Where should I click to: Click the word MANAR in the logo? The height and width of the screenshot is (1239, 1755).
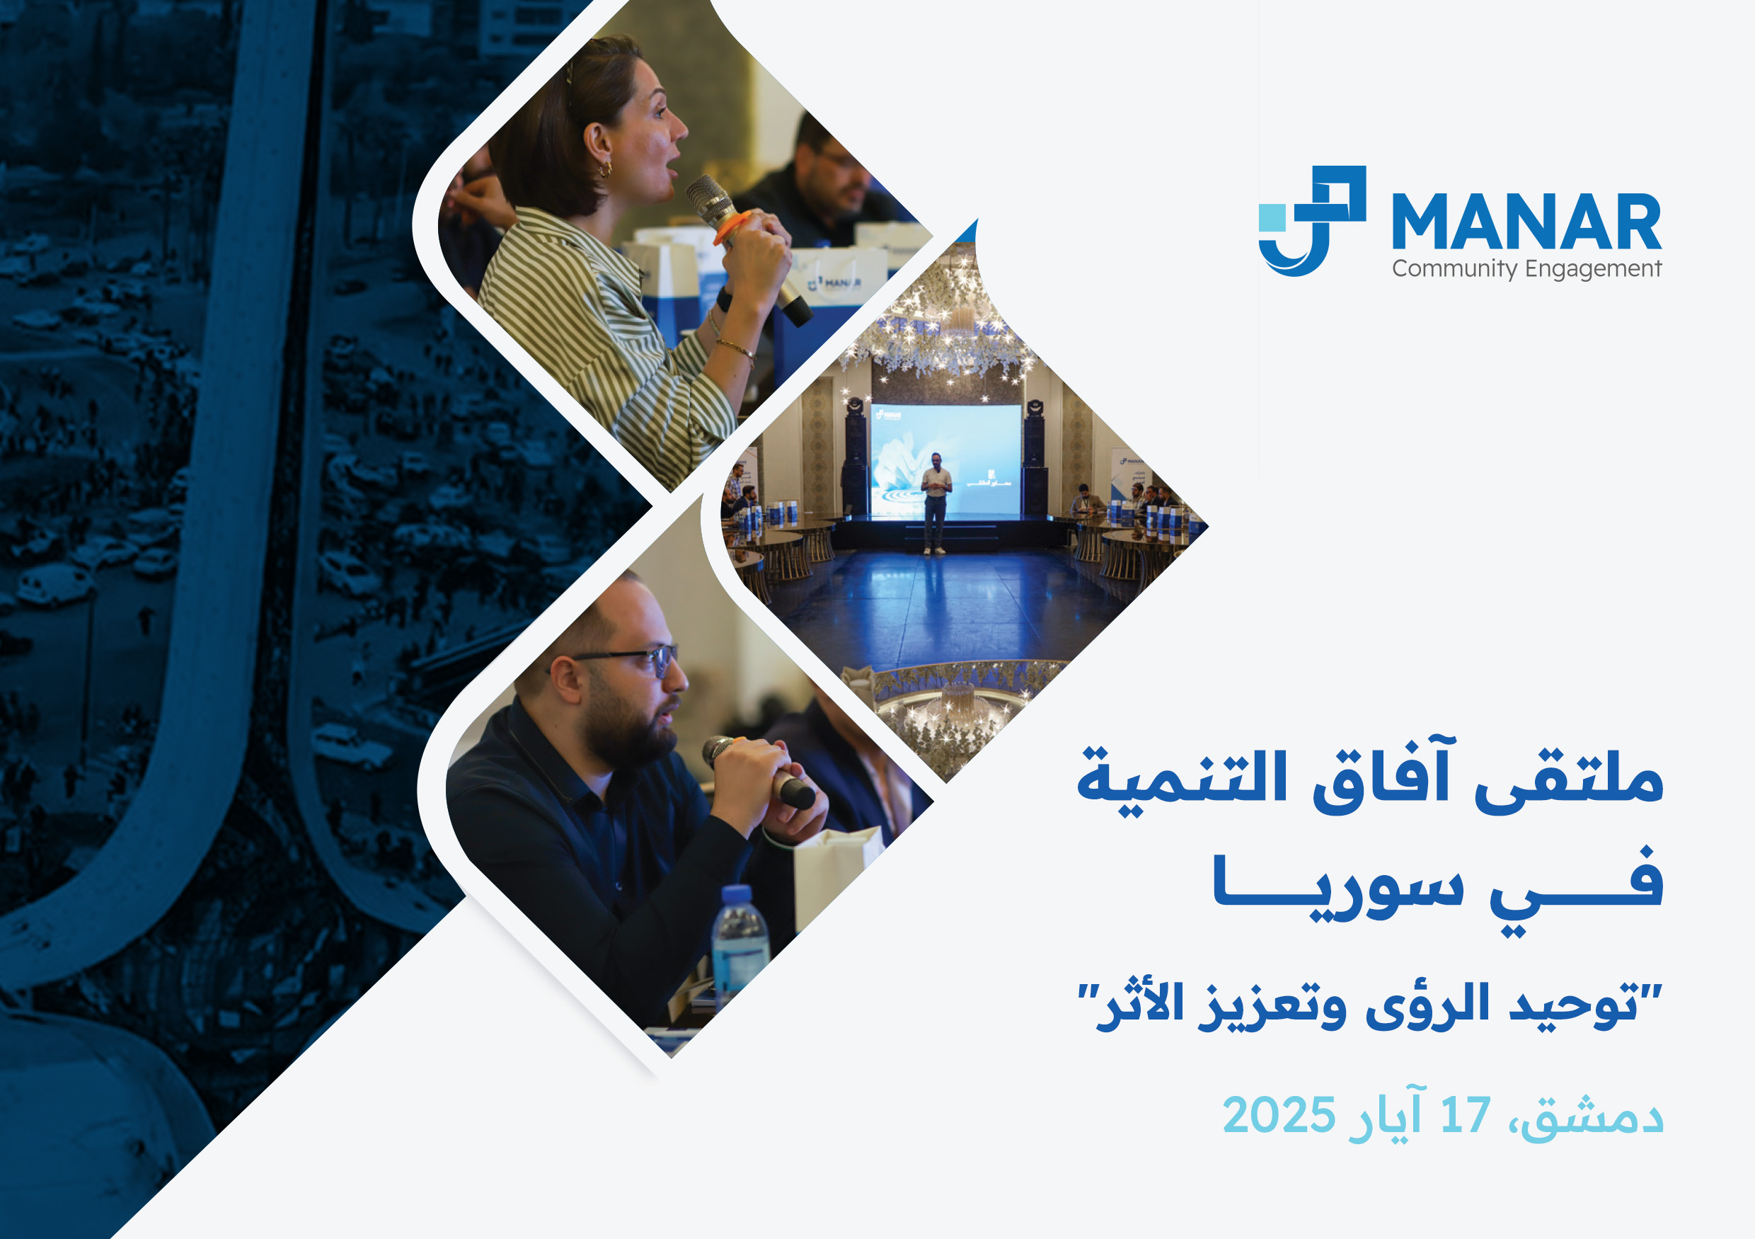point(1526,221)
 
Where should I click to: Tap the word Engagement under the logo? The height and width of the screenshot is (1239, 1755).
point(1593,269)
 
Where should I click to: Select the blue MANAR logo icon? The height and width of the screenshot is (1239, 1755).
point(1312,220)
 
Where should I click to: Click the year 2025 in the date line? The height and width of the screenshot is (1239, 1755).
point(1279,1114)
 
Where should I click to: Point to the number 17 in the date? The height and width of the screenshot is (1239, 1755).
point(1466,1114)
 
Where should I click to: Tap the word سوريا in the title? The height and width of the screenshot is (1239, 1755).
point(1338,887)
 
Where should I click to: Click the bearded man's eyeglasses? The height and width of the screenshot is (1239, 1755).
point(619,658)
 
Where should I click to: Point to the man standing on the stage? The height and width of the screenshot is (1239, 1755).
point(936,503)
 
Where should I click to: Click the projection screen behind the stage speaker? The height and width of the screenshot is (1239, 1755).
point(945,459)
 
